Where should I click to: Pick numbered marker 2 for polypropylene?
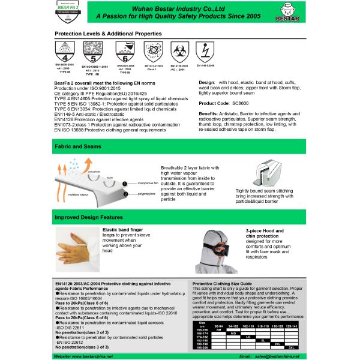[124, 194]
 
